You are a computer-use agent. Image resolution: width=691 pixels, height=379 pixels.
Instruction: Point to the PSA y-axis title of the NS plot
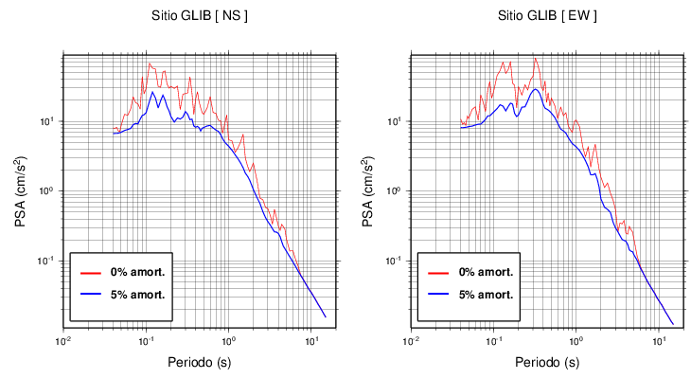20,192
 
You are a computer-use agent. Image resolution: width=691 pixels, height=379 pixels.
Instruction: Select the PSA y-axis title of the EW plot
367,192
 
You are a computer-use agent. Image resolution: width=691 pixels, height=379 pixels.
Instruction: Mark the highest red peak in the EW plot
536,59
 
